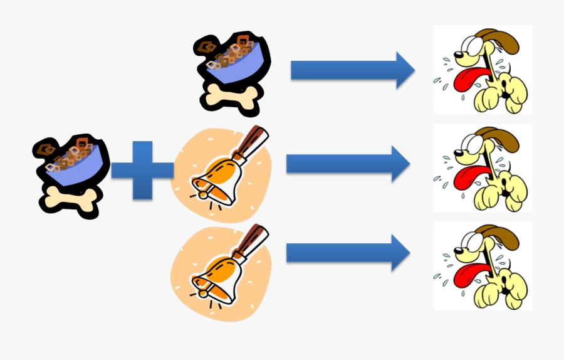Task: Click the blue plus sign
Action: click(142, 171)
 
